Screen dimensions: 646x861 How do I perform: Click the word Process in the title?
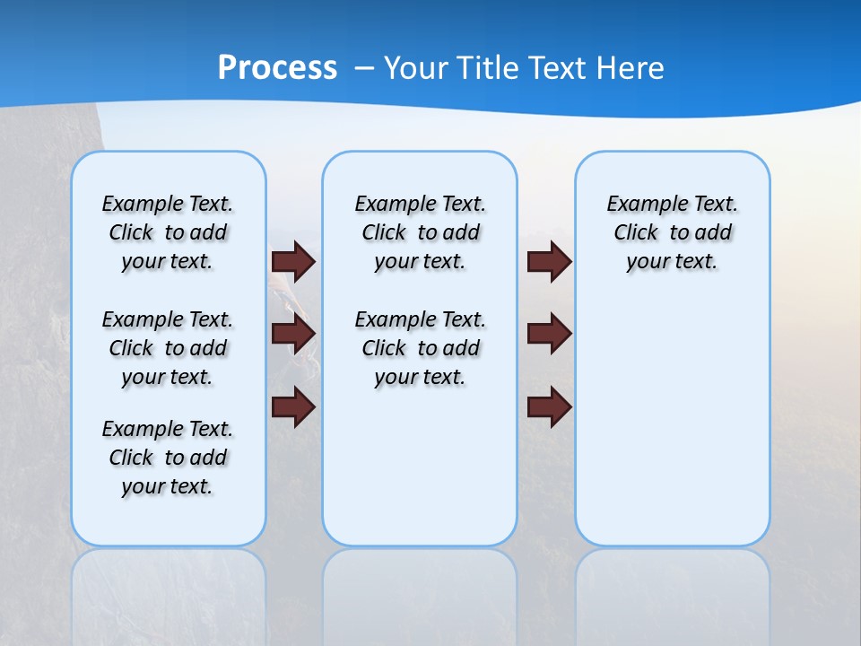[x=277, y=68]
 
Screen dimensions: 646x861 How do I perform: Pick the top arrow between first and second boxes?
[x=293, y=262]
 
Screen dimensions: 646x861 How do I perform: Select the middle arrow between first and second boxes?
[x=293, y=335]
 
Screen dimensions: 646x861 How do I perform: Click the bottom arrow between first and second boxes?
[x=293, y=407]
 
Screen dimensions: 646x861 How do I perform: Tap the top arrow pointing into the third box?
[x=550, y=262]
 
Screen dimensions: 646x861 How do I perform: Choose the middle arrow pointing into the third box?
[x=550, y=335]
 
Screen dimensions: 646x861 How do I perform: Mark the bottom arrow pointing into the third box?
[x=550, y=407]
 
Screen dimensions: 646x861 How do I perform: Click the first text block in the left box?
[x=168, y=232]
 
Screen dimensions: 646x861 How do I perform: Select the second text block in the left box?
[x=168, y=348]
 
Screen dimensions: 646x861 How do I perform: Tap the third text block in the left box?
[x=168, y=458]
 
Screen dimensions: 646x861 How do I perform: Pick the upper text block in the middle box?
[x=420, y=232]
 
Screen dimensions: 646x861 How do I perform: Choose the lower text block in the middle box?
[x=420, y=348]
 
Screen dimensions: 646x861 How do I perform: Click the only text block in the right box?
[x=672, y=232]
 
